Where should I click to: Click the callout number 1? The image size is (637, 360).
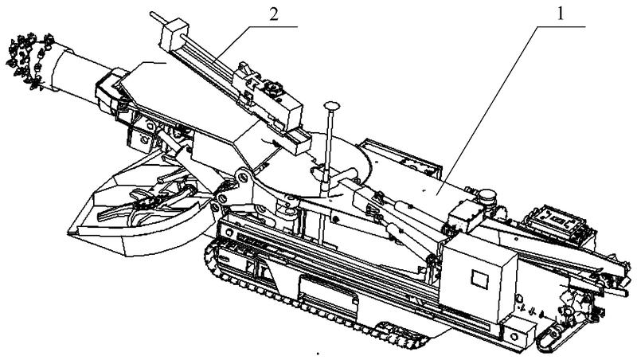[561, 14]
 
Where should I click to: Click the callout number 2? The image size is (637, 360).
[274, 14]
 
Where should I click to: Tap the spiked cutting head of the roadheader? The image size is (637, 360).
[29, 61]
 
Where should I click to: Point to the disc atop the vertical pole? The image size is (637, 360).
[332, 106]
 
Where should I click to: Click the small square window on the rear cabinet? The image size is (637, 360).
[479, 279]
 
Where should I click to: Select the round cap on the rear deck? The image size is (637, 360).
[487, 198]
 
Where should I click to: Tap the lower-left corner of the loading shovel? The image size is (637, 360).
[68, 233]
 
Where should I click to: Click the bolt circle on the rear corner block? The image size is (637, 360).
[514, 336]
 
